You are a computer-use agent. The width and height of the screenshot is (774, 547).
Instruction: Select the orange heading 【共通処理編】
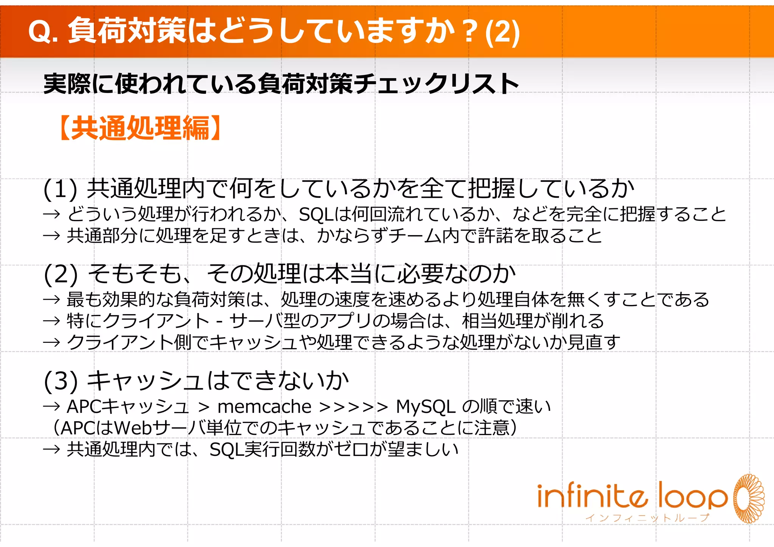coord(140,128)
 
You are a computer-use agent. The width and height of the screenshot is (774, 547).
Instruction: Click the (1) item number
coord(60,189)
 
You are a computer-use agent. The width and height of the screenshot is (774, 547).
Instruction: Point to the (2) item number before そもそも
coord(60,274)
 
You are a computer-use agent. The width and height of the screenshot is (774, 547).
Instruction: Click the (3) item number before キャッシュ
coord(60,381)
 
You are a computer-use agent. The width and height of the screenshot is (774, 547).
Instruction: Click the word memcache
coord(265,407)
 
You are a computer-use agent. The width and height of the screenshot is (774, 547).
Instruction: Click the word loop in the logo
coord(692,496)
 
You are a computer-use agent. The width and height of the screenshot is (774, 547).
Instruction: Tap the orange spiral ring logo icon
coord(748,498)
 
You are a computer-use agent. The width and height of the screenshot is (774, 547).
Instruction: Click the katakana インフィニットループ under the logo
coord(647,518)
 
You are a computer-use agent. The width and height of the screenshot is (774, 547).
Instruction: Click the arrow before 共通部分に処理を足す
coord(52,236)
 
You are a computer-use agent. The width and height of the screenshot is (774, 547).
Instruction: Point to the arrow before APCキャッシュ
coord(52,407)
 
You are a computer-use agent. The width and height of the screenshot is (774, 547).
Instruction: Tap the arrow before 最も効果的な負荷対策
coord(52,300)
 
